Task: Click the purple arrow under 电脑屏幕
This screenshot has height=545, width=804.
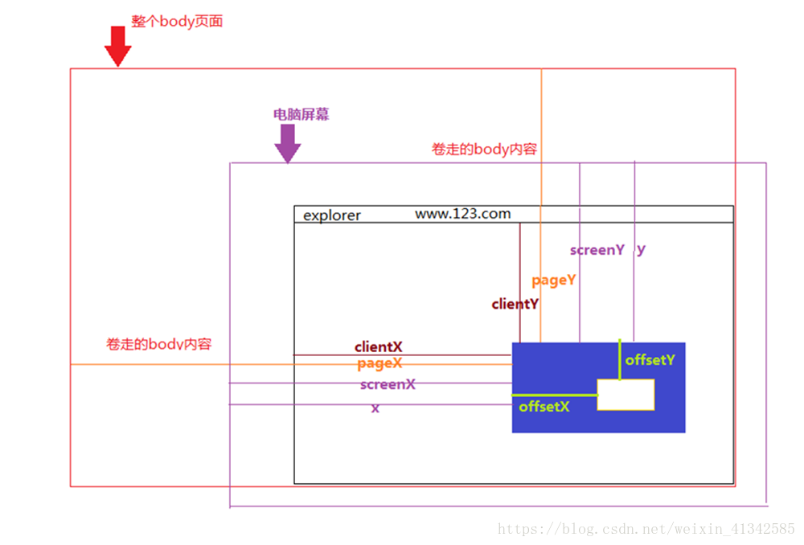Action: pyautogui.click(x=287, y=143)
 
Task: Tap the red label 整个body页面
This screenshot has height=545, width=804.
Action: pyautogui.click(x=177, y=22)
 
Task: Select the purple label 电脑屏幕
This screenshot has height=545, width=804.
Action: pyautogui.click(x=301, y=114)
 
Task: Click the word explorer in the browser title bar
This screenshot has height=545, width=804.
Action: pyautogui.click(x=332, y=215)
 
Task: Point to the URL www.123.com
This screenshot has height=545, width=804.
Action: pyautogui.click(x=462, y=214)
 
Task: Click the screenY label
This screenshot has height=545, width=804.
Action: pyautogui.click(x=597, y=250)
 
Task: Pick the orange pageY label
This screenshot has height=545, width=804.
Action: pyautogui.click(x=554, y=281)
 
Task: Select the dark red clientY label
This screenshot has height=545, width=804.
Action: pyautogui.click(x=515, y=305)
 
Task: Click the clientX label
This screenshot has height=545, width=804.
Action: pyautogui.click(x=379, y=347)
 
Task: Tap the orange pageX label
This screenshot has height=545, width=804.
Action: pyautogui.click(x=379, y=364)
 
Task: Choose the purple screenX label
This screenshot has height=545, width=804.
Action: pyautogui.click(x=388, y=384)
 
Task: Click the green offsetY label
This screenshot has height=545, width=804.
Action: pyautogui.click(x=650, y=360)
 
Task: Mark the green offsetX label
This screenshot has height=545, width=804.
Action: pyautogui.click(x=544, y=407)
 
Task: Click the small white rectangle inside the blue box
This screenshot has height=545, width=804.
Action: pyautogui.click(x=626, y=395)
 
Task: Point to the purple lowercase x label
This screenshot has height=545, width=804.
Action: pyautogui.click(x=375, y=408)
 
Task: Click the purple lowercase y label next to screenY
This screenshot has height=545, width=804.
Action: pyautogui.click(x=641, y=249)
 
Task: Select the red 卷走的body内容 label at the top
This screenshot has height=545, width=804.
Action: pyautogui.click(x=484, y=150)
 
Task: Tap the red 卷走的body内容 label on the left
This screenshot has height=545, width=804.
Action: pyautogui.click(x=158, y=344)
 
